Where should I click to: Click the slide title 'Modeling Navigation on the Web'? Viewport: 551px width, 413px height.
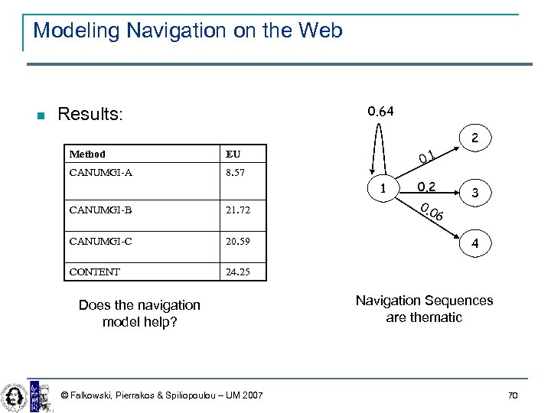coord(187,31)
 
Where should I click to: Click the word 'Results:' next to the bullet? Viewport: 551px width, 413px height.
coord(90,115)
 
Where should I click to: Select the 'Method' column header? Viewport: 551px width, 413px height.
coord(87,154)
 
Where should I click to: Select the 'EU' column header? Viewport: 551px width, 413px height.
coord(233,154)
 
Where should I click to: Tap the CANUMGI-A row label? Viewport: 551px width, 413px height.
coord(100,173)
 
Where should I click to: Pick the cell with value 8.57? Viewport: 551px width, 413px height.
coord(235,173)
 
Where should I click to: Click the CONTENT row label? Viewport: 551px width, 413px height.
coord(94,271)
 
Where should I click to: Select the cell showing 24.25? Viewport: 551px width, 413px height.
coord(237,271)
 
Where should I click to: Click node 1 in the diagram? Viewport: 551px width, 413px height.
coord(395,189)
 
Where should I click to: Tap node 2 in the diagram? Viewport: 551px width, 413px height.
coord(475,139)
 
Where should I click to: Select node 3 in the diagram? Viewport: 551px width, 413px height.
coord(475,193)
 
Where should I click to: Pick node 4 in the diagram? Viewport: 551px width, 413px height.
coord(475,245)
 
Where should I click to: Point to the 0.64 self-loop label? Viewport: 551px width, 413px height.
coord(380,112)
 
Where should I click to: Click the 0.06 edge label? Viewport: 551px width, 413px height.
coord(433,213)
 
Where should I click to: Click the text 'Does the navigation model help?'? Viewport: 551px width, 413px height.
coord(139,313)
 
